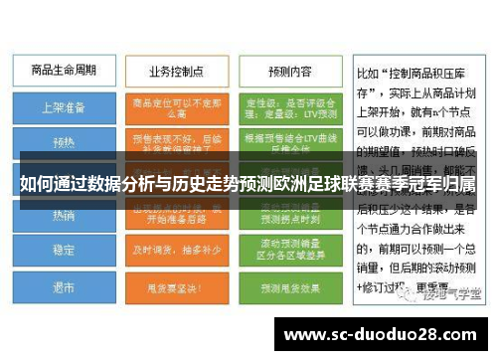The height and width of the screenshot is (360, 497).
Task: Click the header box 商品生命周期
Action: click(x=63, y=71)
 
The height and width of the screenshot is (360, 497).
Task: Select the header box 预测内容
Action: click(x=289, y=71)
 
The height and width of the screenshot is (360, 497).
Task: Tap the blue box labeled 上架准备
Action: click(x=63, y=106)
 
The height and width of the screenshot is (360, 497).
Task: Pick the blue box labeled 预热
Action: click(x=63, y=141)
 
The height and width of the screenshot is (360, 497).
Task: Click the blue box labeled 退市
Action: click(x=63, y=287)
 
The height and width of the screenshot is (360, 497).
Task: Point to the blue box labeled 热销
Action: click(x=63, y=214)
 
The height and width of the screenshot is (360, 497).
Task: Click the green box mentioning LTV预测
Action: click(x=289, y=106)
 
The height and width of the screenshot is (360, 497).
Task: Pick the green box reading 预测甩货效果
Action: click(x=289, y=287)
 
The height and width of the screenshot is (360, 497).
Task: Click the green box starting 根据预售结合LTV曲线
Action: click(x=289, y=141)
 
